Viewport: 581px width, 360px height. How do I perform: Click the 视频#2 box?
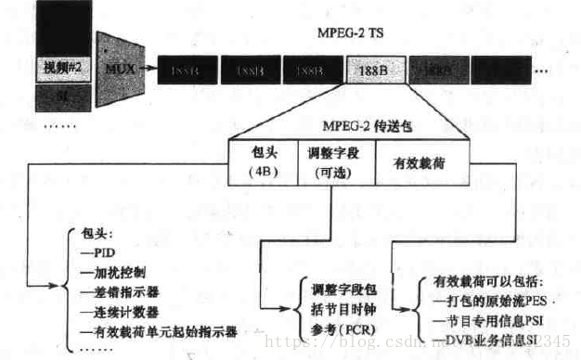click(x=61, y=69)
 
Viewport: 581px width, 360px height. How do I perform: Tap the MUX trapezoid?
click(x=118, y=67)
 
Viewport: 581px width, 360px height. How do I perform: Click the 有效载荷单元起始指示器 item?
click(x=158, y=330)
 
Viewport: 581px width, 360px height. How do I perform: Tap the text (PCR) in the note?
click(x=353, y=330)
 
